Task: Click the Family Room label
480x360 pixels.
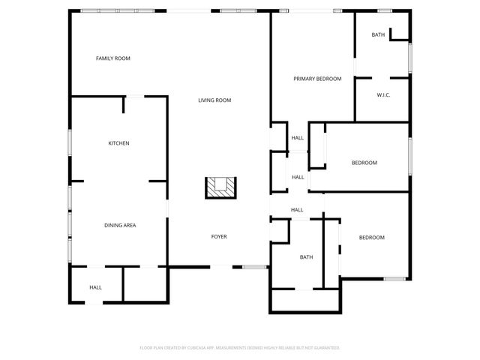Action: pos(112,58)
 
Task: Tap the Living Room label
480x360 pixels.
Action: pos(214,100)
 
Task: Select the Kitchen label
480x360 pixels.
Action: pos(118,143)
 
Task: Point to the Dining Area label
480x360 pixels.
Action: pos(119,225)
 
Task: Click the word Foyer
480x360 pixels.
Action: pos(218,237)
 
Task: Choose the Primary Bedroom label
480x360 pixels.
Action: pos(317,79)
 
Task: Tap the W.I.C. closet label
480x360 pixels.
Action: pos(383,94)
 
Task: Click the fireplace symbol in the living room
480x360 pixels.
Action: pos(222,187)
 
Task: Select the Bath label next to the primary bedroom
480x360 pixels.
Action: pos(378,34)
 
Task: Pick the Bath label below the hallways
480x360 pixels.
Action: pos(306,257)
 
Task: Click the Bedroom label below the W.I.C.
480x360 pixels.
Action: pos(364,163)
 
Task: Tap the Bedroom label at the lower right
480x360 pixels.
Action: pos(371,238)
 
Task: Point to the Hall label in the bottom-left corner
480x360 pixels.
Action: pos(95,287)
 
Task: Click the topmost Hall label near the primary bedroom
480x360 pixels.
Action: pos(298,138)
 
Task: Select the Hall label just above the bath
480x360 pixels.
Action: pos(297,210)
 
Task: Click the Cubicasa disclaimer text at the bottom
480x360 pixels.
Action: pos(240,348)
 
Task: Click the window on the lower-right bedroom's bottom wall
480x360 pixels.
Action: pos(394,279)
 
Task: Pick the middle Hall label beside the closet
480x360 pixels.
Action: pos(298,177)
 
